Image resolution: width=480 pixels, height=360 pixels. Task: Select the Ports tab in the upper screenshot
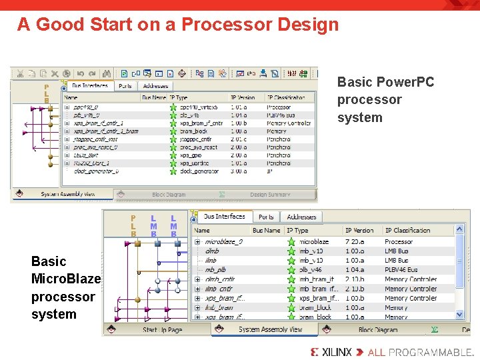pyautogui.click(x=125, y=86)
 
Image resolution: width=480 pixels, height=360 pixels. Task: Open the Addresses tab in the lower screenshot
pyautogui.click(x=301, y=217)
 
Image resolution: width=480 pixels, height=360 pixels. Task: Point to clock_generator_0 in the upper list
pyautogui.click(x=96, y=171)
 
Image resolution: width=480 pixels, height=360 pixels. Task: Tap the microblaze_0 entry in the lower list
pyautogui.click(x=224, y=241)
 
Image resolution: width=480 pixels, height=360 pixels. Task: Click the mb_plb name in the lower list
pyautogui.click(x=215, y=270)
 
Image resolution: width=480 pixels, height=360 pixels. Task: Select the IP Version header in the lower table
pyautogui.click(x=359, y=231)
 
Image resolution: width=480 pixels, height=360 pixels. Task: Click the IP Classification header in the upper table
pyautogui.click(x=286, y=97)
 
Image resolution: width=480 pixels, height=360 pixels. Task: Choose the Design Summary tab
pyautogui.click(x=270, y=195)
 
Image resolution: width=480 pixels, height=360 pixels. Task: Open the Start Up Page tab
pyautogui.click(x=162, y=329)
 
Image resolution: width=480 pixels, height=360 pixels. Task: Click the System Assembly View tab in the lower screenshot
pyautogui.click(x=270, y=329)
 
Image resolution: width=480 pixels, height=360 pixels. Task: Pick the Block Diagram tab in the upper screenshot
pyautogui.click(x=168, y=195)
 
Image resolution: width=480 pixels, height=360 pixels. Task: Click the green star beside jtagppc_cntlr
pyautogui.click(x=173, y=139)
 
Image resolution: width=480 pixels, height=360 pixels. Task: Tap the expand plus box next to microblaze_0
pyautogui.click(x=197, y=241)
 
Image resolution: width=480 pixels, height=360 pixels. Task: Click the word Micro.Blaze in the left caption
pyautogui.click(x=66, y=279)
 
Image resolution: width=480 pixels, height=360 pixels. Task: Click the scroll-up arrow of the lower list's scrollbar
pyautogui.click(x=459, y=229)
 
